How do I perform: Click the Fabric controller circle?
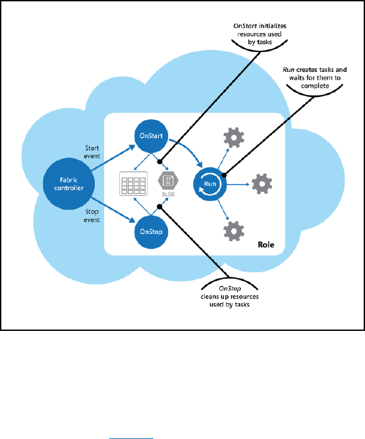pyautogui.click(x=69, y=184)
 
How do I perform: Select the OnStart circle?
pyautogui.click(x=151, y=136)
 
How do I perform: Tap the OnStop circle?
pyautogui.click(x=151, y=232)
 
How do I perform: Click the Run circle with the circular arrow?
pyautogui.click(x=210, y=184)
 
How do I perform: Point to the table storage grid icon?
pyautogui.click(x=134, y=183)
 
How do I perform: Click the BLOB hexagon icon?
pyautogui.click(x=168, y=181)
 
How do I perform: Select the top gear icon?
pyautogui.click(x=234, y=138)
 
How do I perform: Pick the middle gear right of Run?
pyautogui.click(x=262, y=184)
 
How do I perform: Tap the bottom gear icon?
pyautogui.click(x=234, y=231)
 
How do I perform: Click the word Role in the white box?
pyautogui.click(x=266, y=245)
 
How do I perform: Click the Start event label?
pyautogui.click(x=92, y=152)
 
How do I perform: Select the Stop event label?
pyautogui.click(x=92, y=216)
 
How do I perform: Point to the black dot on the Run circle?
pyautogui.click(x=224, y=175)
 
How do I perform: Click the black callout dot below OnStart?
pyautogui.click(x=160, y=161)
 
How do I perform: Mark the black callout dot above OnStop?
pyautogui.click(x=159, y=206)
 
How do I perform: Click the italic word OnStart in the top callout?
pyautogui.click(x=245, y=26)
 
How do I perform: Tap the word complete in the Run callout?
pyautogui.click(x=315, y=86)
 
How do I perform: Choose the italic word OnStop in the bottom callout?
pyautogui.click(x=230, y=288)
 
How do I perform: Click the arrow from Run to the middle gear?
pyautogui.click(x=238, y=185)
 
